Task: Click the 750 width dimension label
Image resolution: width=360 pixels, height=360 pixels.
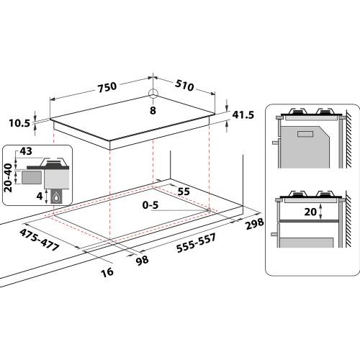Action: tap(107, 86)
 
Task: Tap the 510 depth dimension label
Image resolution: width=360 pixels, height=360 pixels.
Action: tap(184, 86)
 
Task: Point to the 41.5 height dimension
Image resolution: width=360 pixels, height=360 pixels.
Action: tap(243, 115)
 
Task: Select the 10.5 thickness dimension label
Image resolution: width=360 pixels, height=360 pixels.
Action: tap(19, 123)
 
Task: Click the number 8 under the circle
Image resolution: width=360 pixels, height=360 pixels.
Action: tap(153, 111)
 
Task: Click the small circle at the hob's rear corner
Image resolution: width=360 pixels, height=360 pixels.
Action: tap(153, 93)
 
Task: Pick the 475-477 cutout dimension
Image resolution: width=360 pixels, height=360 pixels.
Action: tap(39, 240)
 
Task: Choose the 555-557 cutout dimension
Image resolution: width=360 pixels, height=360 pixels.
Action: tap(196, 243)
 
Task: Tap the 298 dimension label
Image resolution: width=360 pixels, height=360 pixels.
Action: tap(255, 224)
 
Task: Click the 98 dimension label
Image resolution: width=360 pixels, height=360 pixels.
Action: tap(142, 261)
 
